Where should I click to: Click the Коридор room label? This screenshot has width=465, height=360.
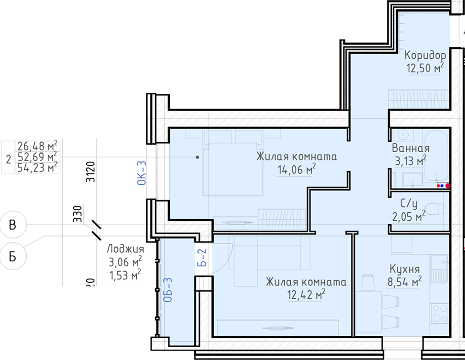(425, 55)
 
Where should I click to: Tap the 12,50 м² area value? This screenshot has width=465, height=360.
(425, 68)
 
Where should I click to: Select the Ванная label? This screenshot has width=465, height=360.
(411, 148)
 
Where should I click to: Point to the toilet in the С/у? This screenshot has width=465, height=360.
(434, 209)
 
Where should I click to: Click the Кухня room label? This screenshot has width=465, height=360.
(404, 269)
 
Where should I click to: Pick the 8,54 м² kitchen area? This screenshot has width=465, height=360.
(404, 281)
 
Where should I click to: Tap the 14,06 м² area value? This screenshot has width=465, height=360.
(297, 169)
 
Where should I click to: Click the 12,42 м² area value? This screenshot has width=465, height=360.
(306, 295)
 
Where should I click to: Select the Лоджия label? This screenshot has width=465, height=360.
(125, 249)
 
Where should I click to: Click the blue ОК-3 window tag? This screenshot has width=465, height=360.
(142, 173)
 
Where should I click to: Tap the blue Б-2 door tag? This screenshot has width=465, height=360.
(202, 257)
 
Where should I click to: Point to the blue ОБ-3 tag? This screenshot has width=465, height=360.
(167, 290)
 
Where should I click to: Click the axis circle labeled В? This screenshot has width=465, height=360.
(12, 225)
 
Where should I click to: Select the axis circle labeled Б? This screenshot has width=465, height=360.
(12, 256)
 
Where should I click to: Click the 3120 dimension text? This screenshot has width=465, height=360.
(90, 171)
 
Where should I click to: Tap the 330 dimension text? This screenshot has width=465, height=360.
(77, 214)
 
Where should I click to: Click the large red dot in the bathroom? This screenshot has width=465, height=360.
(448, 186)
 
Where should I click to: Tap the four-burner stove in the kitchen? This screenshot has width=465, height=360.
(440, 313)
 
